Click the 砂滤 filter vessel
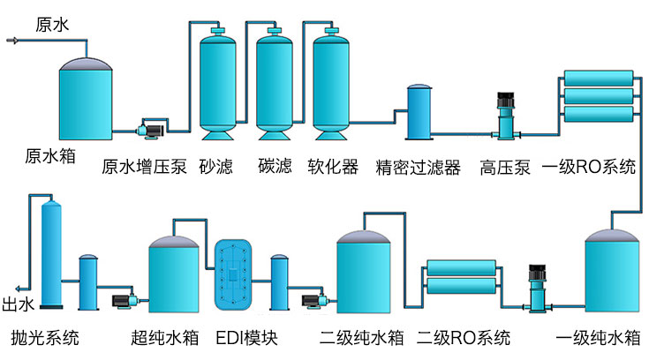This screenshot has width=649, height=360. tap(217, 84)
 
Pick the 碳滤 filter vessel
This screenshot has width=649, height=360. tap(275, 84)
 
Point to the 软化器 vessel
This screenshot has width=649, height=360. tap(332, 84)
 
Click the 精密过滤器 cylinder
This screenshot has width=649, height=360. tap(419, 112)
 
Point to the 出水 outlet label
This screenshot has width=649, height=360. tap(19, 304)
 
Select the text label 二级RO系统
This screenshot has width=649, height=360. tap(463, 337)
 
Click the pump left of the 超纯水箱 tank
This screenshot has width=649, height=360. tap(122, 300)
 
